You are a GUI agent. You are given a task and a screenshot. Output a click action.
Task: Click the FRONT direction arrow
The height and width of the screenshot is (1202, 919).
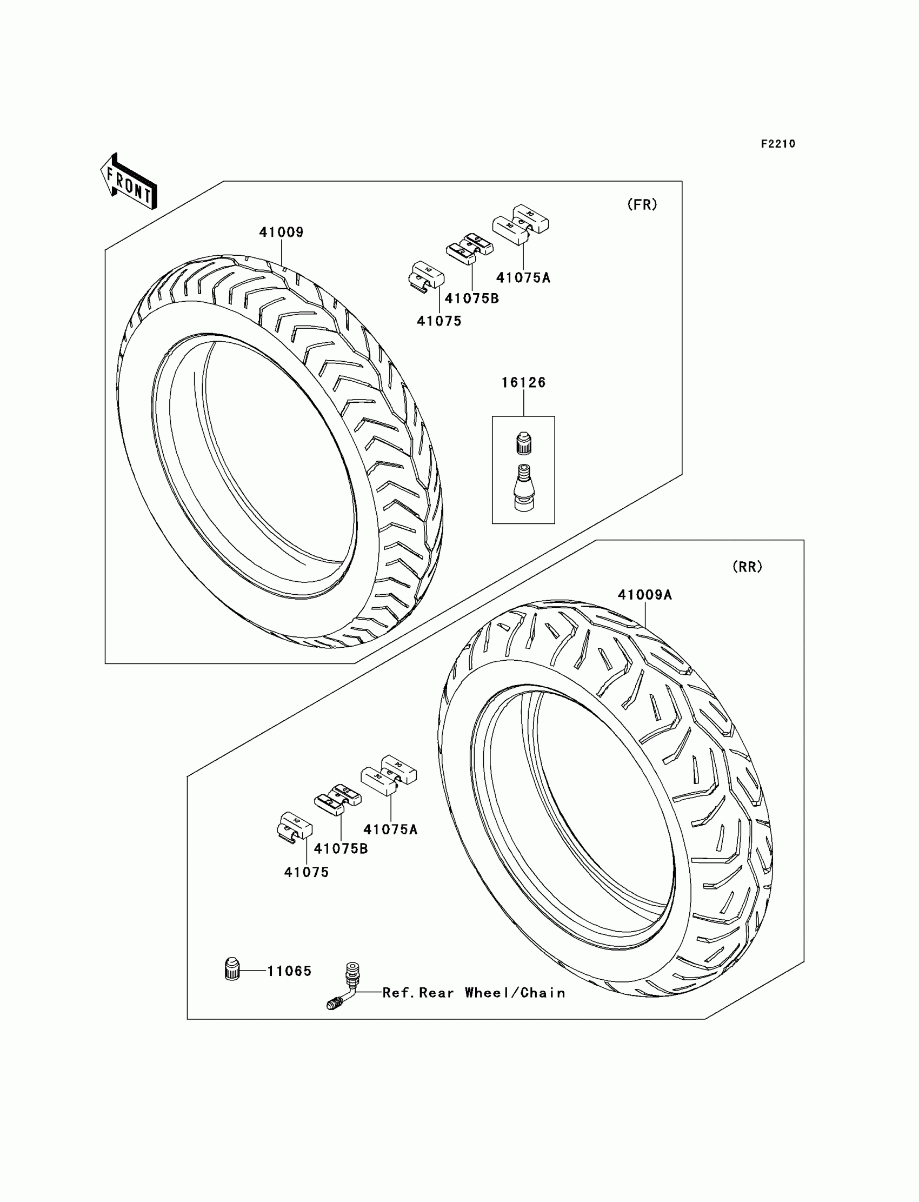(129, 182)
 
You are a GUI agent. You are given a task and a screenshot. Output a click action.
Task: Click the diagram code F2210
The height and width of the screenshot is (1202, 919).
(778, 144)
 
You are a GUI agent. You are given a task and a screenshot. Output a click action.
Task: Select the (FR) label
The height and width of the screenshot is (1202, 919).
(642, 204)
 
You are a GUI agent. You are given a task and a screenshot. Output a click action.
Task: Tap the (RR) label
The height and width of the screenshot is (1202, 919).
(747, 567)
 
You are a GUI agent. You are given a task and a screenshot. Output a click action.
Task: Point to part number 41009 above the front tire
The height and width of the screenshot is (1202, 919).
(281, 232)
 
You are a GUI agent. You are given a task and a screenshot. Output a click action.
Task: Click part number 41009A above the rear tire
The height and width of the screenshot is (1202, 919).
(644, 595)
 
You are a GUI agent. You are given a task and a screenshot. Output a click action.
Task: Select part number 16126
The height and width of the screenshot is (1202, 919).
(523, 382)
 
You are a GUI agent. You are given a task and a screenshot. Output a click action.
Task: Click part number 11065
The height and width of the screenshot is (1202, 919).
(289, 971)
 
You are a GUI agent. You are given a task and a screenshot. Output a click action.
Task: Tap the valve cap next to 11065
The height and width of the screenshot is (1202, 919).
(232, 969)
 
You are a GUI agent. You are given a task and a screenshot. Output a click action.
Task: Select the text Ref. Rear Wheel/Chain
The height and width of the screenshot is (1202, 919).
(474, 992)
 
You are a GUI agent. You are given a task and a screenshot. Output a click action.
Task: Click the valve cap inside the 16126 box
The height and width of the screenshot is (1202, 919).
(523, 443)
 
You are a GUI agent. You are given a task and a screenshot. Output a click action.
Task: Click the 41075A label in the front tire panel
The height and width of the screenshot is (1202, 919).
(523, 278)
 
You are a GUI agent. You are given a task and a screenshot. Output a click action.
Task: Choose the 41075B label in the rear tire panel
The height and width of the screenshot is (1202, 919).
(341, 848)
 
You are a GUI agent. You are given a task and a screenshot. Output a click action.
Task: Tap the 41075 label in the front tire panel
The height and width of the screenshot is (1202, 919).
(439, 321)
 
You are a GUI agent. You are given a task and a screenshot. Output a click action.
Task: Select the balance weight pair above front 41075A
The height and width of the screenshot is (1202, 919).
(520, 224)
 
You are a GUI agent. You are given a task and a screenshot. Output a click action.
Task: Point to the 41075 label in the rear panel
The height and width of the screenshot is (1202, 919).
(307, 872)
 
